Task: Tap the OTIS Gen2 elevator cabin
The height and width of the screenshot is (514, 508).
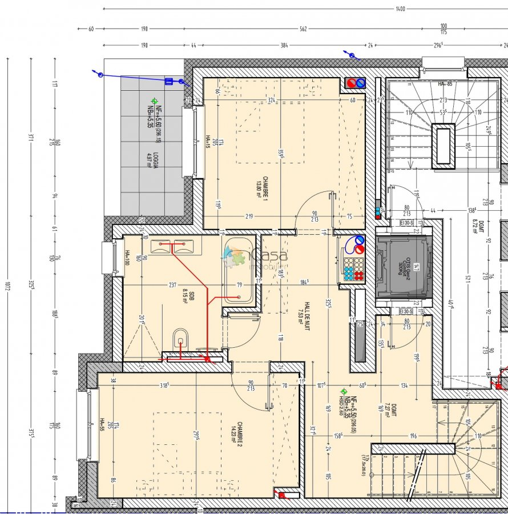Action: tap(404, 266)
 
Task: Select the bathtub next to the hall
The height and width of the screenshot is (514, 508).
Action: tap(237, 271)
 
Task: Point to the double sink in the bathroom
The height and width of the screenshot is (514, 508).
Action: tap(172, 246)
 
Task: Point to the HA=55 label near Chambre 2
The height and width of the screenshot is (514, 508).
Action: tap(103, 423)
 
